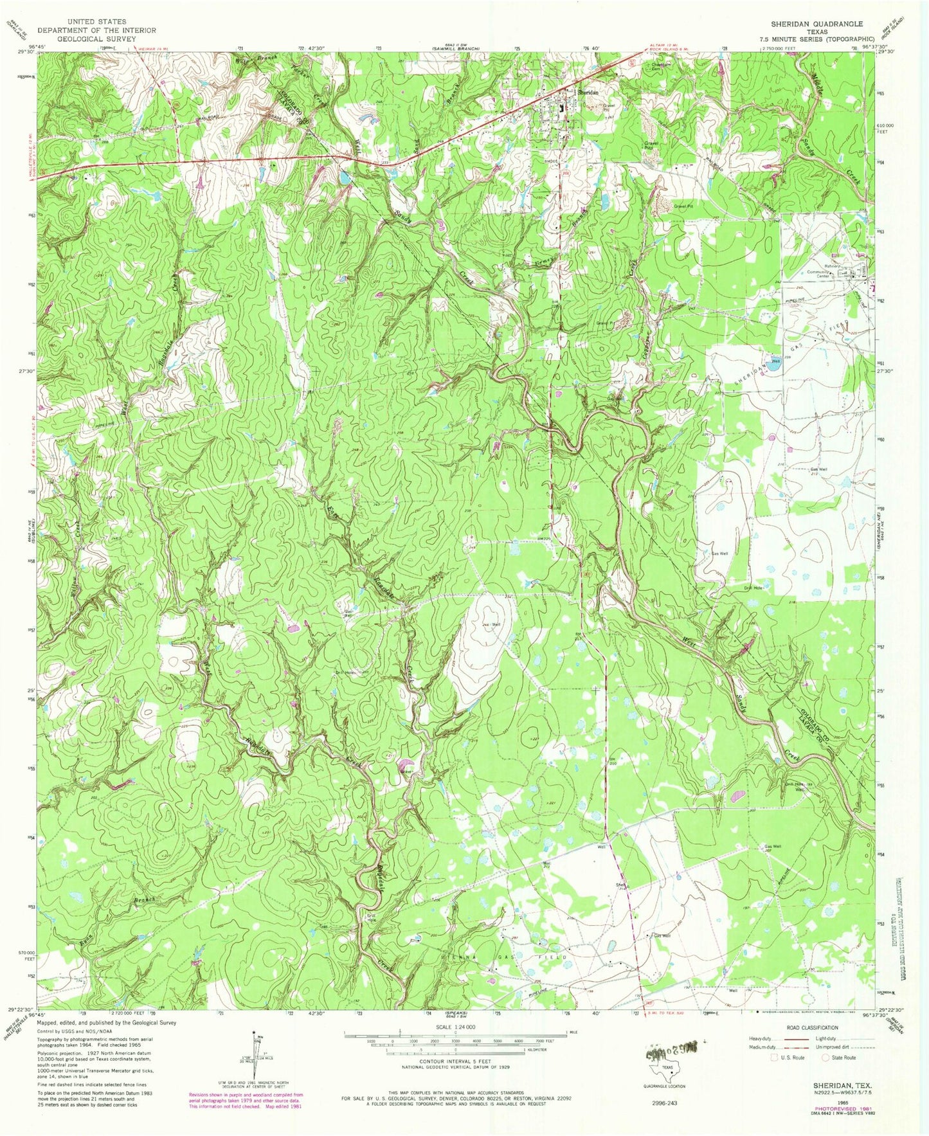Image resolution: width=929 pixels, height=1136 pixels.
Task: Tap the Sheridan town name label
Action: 588,93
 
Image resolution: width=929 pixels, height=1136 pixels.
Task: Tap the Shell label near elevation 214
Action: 621,885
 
